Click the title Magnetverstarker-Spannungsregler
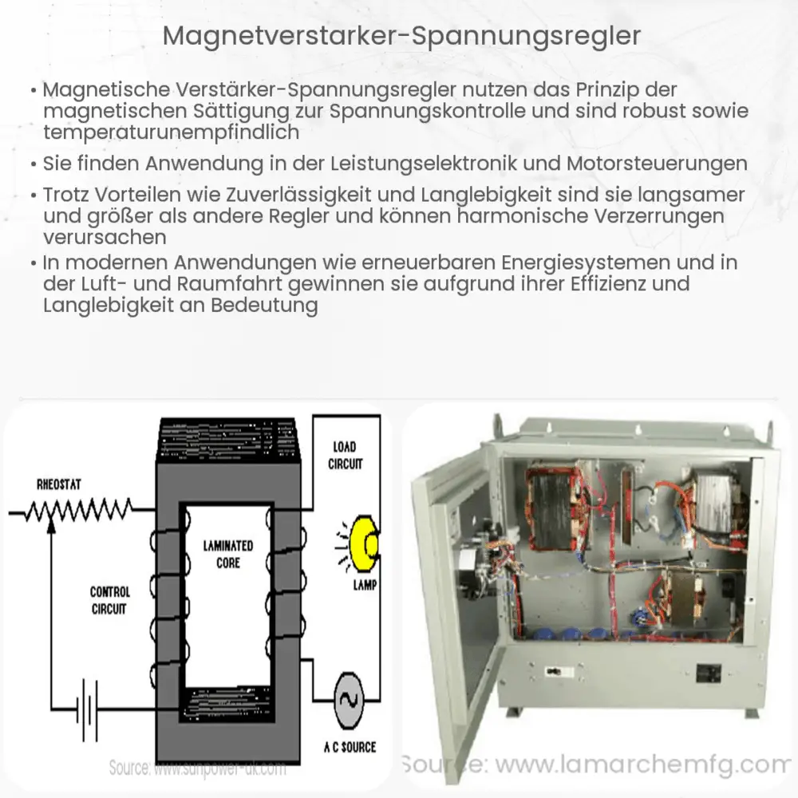(x=398, y=37)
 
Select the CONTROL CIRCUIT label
(x=109, y=600)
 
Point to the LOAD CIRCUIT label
(x=345, y=454)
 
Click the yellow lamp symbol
(x=365, y=545)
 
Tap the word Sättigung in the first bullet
(x=231, y=111)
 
